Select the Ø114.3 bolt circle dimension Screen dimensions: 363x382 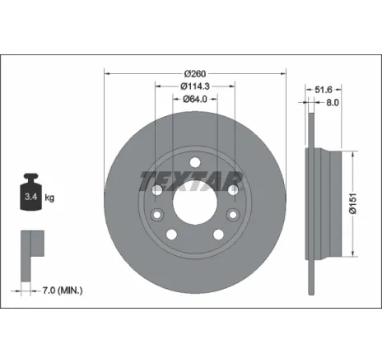[x=195, y=85]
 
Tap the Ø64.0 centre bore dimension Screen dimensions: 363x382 [x=195, y=100]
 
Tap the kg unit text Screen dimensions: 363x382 [x=49, y=198]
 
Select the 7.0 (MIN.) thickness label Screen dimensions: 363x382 [x=62, y=291]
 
